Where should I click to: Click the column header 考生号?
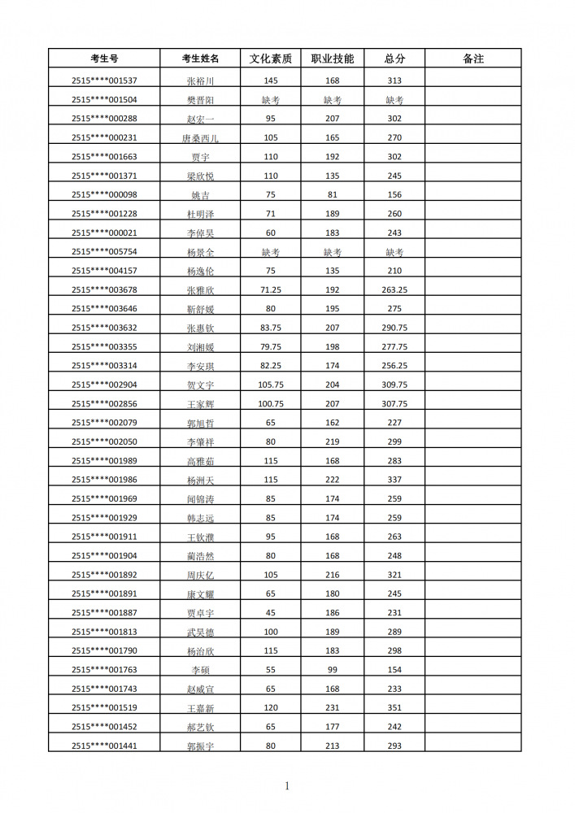click(x=104, y=59)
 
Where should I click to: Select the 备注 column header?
click(x=473, y=59)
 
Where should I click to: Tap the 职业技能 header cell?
click(x=332, y=59)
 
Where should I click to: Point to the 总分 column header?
click(x=394, y=59)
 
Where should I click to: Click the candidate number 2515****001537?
click(x=104, y=80)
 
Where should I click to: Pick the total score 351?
click(x=394, y=707)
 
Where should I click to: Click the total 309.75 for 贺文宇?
click(x=394, y=385)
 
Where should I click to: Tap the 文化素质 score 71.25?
click(x=271, y=289)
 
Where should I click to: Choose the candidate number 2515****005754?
click(x=104, y=251)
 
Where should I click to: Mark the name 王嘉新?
click(x=200, y=708)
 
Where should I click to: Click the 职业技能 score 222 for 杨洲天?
click(x=332, y=480)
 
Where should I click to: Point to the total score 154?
click(x=394, y=669)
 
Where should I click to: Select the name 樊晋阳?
click(x=200, y=100)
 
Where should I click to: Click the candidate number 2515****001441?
click(x=104, y=746)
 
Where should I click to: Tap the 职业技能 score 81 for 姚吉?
click(x=332, y=194)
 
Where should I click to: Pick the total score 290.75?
click(x=394, y=328)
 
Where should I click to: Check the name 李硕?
click(x=200, y=670)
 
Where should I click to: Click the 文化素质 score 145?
click(x=271, y=80)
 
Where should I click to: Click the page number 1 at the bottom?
click(x=287, y=785)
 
